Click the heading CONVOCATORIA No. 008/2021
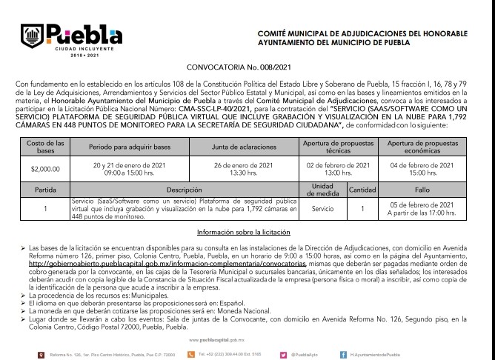tap(247, 66)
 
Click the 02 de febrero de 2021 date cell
tap(338, 168)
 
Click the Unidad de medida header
tap(322, 190)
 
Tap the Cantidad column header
tap(362, 190)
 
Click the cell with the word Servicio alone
tap(322, 210)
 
